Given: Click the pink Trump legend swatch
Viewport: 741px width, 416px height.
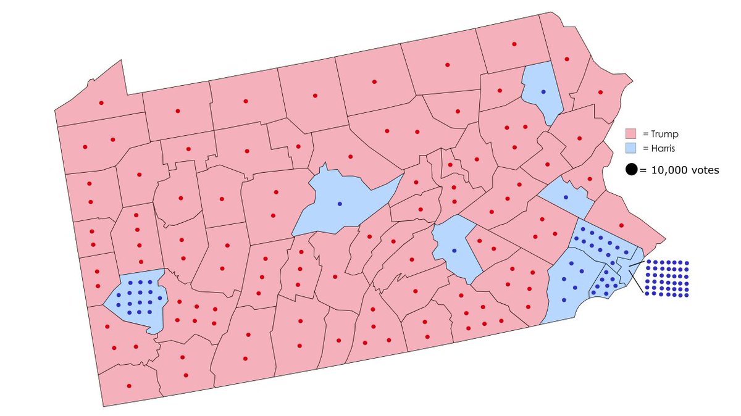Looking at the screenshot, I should pos(631,133).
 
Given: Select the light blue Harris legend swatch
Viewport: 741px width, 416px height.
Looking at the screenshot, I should pos(631,148).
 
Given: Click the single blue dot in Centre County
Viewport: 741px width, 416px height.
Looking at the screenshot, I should pos(340,204).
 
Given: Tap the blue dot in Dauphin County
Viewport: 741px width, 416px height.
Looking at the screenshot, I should pos(454,250).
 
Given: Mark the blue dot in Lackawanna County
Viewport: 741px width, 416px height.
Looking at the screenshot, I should pos(543,91).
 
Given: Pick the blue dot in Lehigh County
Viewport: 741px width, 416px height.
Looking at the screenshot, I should pos(566,197).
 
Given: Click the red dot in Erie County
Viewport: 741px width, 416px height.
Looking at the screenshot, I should pos(101,102).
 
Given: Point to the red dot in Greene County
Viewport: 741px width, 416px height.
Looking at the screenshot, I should pos(128,386).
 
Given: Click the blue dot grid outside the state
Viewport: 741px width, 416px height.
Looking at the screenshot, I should pos(668,278).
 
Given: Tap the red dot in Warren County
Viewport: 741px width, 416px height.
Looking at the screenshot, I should pos(177,111).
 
